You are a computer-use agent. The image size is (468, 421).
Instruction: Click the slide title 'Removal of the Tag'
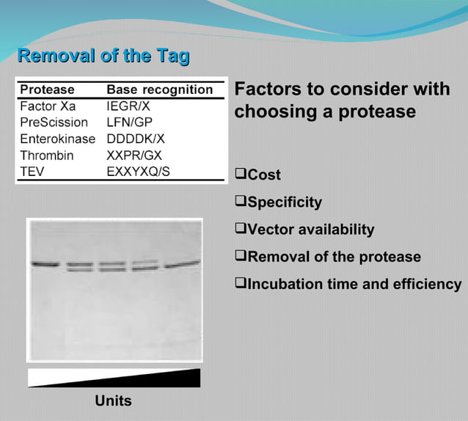coord(103,56)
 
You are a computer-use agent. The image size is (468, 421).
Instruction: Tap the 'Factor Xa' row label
coord(48,106)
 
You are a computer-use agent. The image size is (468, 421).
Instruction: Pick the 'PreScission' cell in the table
coord(54,122)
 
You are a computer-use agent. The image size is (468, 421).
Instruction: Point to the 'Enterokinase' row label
coord(57,139)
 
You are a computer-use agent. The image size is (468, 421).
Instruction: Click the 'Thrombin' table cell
coord(48,155)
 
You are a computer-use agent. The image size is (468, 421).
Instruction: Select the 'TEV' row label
coord(33,172)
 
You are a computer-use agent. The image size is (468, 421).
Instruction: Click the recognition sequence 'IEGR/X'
coord(128,106)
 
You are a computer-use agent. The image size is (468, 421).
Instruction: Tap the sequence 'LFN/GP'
coord(129,122)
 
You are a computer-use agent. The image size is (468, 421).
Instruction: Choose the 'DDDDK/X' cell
coord(136,139)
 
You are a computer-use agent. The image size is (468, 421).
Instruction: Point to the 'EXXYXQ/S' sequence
coord(139,172)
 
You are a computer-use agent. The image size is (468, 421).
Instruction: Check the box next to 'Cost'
coord(240,175)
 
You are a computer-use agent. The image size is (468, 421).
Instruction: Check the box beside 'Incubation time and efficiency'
coord(240,283)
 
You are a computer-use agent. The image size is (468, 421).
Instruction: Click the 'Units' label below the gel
coord(113,400)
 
